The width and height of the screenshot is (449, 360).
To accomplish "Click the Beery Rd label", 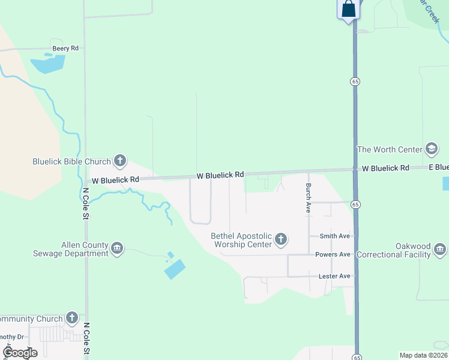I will point(66,48).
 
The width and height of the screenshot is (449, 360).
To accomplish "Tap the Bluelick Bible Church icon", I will point(120,161).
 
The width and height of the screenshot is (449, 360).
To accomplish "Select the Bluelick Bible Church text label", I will point(71,161).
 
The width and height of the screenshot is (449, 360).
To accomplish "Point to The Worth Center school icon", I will point(431,149).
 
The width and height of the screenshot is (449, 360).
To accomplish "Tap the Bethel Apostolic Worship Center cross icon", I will point(280,241).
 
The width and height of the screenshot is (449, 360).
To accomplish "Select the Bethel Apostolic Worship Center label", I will point(241,241).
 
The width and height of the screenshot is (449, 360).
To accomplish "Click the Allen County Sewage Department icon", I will point(117,248).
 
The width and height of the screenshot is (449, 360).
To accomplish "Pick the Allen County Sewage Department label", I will point(85,249).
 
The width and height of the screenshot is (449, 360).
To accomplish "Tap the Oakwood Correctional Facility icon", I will point(440,249).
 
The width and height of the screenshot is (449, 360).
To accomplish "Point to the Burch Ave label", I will point(308,198).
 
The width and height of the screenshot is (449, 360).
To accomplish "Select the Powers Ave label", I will point(333,254).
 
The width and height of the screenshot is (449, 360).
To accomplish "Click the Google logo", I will point(20,352).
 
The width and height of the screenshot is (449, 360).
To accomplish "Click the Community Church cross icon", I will point(72,318).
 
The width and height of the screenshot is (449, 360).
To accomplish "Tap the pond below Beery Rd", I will point(47,63).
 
